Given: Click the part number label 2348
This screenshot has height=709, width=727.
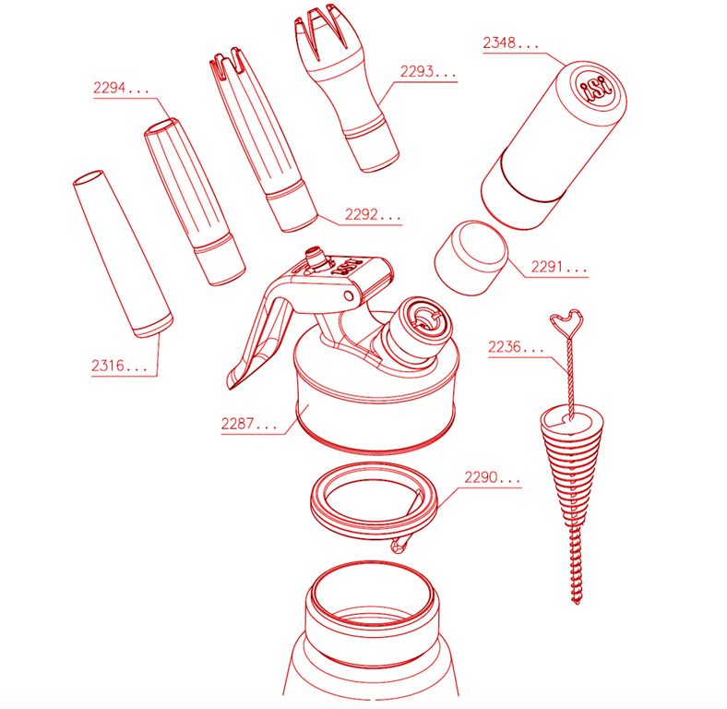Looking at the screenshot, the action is [x=510, y=43].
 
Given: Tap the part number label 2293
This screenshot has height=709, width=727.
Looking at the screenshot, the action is [x=427, y=71].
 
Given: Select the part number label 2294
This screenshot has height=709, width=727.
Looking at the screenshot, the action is [x=121, y=88].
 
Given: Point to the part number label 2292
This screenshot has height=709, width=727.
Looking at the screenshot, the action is [x=373, y=214].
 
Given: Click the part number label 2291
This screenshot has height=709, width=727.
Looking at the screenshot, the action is [x=559, y=267].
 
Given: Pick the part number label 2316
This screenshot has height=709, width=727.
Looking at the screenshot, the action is [x=119, y=366].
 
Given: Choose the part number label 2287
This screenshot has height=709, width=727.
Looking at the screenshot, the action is [x=248, y=424].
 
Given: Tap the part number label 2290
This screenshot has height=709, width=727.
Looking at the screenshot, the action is [x=492, y=477].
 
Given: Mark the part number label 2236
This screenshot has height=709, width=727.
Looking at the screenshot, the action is [x=516, y=346].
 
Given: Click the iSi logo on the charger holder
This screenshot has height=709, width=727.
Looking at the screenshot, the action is [x=597, y=88].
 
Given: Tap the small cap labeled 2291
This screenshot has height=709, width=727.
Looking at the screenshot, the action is [x=471, y=258].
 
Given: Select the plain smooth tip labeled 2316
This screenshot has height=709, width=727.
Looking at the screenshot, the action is [x=123, y=253].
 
